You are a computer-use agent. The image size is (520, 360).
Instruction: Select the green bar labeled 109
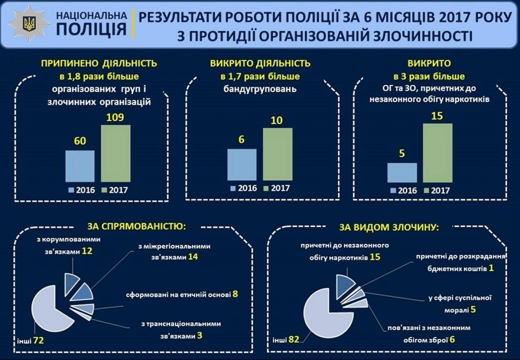[x=116, y=153]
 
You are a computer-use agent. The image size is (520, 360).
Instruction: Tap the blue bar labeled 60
[x=80, y=166]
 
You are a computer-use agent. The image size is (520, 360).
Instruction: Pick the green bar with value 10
[x=277, y=154]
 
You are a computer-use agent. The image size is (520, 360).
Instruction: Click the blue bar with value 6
[x=242, y=164]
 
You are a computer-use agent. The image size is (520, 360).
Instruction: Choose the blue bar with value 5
[x=402, y=172]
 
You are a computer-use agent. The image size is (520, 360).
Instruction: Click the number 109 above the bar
[x=115, y=118]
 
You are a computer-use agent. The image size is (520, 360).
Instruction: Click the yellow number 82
[x=294, y=338]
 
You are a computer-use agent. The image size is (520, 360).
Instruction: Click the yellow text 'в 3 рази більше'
[x=429, y=77]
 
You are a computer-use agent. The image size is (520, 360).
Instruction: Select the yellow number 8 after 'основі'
[x=235, y=294]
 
